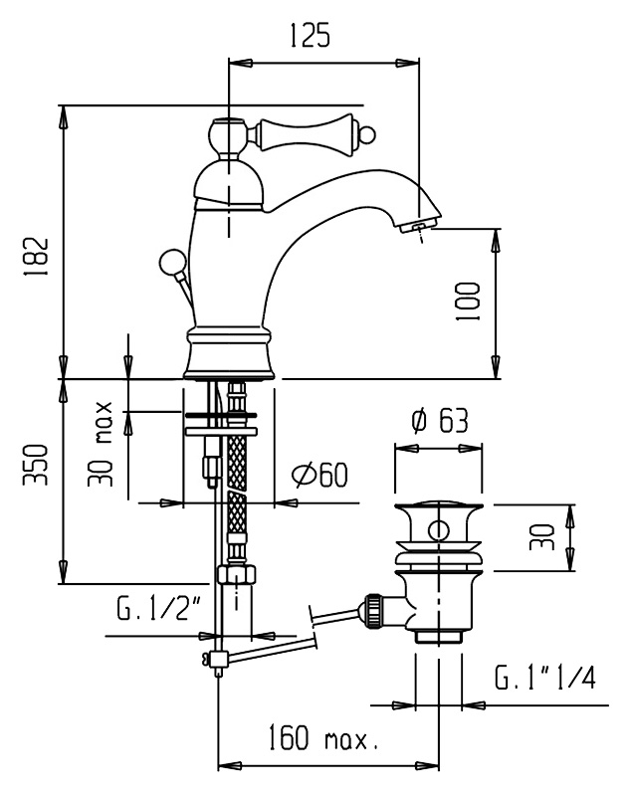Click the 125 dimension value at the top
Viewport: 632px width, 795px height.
(310, 35)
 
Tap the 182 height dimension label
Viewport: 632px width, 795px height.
(36, 256)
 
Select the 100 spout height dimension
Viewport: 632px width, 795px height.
(468, 301)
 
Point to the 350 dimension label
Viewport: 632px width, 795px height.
(36, 465)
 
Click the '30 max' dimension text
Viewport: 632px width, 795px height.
(100, 444)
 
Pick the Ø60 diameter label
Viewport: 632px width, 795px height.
(320, 475)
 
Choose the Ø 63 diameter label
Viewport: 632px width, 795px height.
(439, 420)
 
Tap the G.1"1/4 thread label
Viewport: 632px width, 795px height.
(544, 678)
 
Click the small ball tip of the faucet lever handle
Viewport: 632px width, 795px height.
(369, 134)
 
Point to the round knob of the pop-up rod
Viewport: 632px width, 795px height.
(169, 261)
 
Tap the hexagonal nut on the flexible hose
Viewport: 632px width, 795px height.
(236, 575)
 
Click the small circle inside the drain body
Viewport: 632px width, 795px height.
(438, 531)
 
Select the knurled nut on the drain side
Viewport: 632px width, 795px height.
(374, 611)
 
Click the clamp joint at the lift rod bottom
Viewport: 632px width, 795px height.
(218, 659)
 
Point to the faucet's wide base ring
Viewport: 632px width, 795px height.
(229, 353)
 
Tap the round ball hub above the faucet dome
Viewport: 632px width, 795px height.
(229, 136)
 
